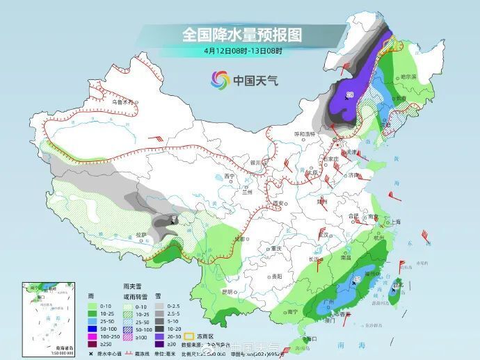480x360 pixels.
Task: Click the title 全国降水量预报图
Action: [243, 34]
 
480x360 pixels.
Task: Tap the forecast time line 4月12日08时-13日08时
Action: [243, 50]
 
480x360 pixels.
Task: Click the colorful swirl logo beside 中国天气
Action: [219, 79]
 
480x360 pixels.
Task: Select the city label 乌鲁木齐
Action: [122, 101]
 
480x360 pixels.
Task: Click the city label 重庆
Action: [277, 248]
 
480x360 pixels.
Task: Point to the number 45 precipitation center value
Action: [357, 279]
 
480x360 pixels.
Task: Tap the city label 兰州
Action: [247, 192]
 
